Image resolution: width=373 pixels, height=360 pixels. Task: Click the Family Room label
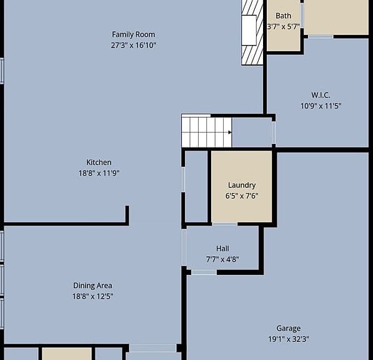click(134, 34)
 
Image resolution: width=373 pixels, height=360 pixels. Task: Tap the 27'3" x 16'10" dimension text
click(134, 45)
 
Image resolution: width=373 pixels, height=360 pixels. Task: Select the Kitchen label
click(99, 162)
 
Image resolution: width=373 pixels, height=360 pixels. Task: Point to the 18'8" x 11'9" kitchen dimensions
click(99, 173)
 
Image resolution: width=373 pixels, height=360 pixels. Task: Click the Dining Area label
click(92, 286)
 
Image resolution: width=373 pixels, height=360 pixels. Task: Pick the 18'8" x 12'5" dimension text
click(92, 296)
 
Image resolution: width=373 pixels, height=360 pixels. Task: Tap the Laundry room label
click(242, 186)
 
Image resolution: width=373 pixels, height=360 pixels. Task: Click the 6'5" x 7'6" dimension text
click(242, 196)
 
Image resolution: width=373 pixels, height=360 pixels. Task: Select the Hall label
click(222, 248)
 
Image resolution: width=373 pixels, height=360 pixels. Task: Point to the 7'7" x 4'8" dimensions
click(222, 259)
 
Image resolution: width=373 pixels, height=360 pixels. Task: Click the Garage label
click(288, 328)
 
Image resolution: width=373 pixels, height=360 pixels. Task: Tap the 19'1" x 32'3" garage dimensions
click(289, 339)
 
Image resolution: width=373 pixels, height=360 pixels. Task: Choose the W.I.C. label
click(321, 95)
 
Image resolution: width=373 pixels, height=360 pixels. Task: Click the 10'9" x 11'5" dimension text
click(321, 106)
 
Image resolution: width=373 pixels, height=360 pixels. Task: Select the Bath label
click(283, 16)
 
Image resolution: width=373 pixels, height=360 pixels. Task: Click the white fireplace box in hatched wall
click(249, 30)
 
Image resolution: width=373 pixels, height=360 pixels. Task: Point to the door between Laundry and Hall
click(224, 224)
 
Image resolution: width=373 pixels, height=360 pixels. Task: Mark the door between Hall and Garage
click(204, 272)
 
